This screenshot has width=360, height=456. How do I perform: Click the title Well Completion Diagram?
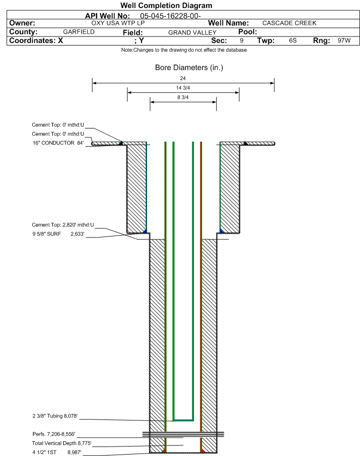click(166, 6)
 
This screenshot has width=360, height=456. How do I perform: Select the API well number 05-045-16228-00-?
click(171, 16)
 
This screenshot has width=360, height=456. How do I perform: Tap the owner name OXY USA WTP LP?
click(118, 23)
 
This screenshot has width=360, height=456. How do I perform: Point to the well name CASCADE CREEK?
click(289, 23)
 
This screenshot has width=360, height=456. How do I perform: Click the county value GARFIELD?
click(79, 32)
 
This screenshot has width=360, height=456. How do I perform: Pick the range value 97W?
click(344, 41)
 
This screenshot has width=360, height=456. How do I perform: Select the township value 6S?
click(293, 41)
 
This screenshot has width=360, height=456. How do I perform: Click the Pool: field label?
click(244, 31)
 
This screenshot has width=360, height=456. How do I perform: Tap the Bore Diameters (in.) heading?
click(189, 68)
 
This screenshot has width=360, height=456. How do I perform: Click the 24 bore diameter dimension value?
click(183, 78)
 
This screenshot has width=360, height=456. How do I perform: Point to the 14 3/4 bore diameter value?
click(183, 88)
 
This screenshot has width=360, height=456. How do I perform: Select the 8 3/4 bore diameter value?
click(183, 97)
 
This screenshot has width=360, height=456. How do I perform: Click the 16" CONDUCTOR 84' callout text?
click(57, 143)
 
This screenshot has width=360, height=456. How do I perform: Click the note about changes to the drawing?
click(184, 50)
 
